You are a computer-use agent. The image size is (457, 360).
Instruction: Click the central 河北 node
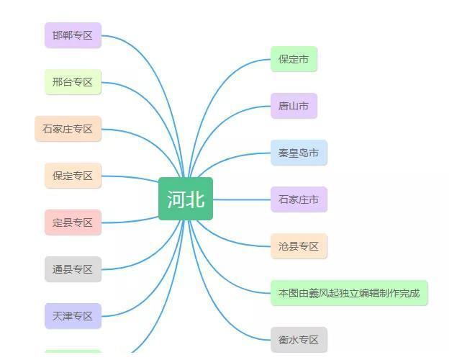186,199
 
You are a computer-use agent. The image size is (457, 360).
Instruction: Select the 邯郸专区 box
73,35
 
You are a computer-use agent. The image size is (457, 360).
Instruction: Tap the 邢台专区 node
73,82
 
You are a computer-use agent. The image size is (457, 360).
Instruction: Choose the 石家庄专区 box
68,129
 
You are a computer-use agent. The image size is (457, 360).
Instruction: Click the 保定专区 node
73,176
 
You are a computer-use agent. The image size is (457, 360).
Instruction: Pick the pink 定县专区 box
73,222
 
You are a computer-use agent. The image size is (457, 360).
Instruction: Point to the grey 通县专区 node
73,269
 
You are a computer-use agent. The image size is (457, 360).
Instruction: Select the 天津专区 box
73,316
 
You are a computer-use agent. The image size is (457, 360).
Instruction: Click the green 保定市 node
294,59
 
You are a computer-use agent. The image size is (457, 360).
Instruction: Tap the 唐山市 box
294,106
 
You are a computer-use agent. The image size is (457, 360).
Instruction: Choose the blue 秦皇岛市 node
299,153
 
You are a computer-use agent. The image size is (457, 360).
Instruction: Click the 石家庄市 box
299,199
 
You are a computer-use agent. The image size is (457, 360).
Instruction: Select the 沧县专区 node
299,246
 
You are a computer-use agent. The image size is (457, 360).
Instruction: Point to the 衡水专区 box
299,340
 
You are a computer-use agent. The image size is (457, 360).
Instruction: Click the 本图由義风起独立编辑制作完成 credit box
349,293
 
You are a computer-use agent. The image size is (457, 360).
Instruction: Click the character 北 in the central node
195,199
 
